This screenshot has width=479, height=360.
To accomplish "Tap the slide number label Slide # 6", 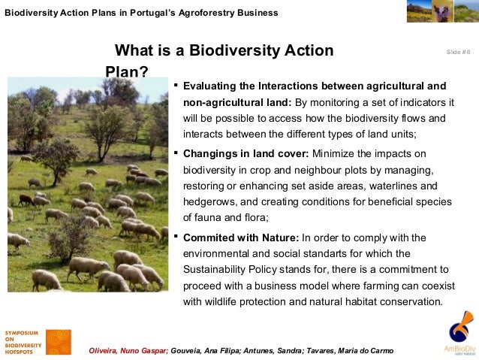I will click(458, 52).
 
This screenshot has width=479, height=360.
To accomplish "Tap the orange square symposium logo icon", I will click(59, 342).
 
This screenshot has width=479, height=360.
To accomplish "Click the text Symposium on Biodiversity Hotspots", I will click(23, 342).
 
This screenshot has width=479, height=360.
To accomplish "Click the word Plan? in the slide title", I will click(126, 72).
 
